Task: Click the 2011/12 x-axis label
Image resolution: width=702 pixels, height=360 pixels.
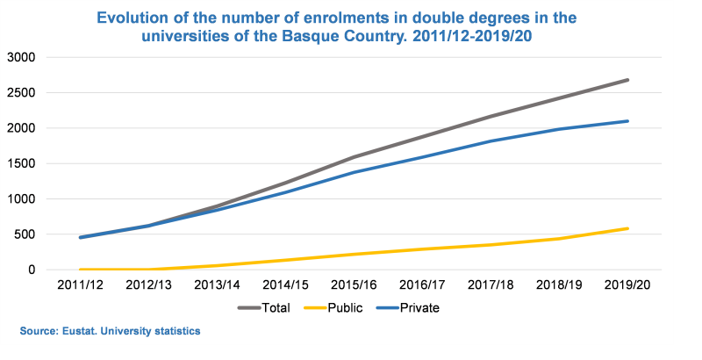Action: (x=81, y=286)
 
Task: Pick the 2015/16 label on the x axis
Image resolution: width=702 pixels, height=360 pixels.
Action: (x=355, y=286)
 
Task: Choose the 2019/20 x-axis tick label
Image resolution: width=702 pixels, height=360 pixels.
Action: (x=627, y=286)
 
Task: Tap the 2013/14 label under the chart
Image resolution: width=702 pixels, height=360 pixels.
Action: (x=218, y=286)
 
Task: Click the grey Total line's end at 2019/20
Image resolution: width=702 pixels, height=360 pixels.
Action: (x=627, y=80)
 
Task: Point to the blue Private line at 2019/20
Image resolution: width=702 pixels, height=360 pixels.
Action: (x=627, y=121)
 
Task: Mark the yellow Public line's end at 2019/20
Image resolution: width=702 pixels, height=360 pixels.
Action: (x=627, y=228)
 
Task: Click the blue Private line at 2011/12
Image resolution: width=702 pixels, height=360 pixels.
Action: (x=81, y=237)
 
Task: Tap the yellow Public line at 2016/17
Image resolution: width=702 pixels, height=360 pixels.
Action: (x=423, y=249)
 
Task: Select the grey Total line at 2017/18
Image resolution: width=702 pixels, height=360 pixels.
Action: (x=491, y=116)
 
